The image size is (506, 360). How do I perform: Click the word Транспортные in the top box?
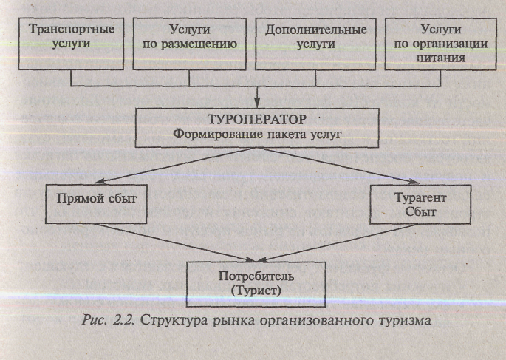[x=72, y=29]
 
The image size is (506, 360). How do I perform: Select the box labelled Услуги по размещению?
[x=189, y=44]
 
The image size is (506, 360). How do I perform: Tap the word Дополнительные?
[x=315, y=30]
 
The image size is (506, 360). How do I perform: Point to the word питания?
[x=440, y=58]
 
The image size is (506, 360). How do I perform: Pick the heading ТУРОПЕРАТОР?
[x=257, y=120]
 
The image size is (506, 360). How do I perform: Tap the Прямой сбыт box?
[x=96, y=204]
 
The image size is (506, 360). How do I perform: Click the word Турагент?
[x=420, y=197]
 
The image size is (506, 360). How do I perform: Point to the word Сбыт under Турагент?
[x=420, y=212]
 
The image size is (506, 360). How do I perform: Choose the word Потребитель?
[x=256, y=276]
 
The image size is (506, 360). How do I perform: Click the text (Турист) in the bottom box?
[x=256, y=291]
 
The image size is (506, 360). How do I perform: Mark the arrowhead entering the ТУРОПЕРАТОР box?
[x=257, y=103]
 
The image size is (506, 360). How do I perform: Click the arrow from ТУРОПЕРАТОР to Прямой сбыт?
[x=176, y=166]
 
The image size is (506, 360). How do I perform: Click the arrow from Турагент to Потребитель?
[x=339, y=242]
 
